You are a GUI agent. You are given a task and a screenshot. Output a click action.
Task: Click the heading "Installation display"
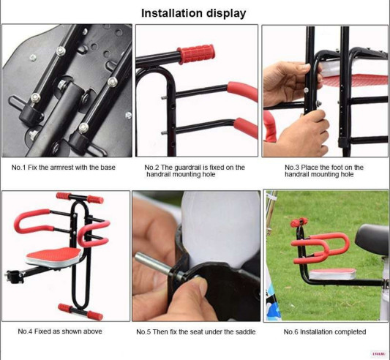pos(193,13)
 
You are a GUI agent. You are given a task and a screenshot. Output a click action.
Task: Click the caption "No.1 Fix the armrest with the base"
pos(64,167)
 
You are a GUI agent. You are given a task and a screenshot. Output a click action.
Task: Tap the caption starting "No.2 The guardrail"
pos(195,170)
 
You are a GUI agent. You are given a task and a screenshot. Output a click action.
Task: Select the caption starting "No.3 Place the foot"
pos(324,170)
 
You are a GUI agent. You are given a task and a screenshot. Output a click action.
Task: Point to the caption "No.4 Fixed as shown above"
pos(60,331)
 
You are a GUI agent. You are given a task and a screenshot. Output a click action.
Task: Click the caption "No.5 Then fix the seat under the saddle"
pos(196,332)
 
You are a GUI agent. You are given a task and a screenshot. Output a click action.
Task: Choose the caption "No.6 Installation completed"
pos(325,332)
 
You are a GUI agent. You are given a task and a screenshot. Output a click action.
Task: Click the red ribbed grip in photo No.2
pos(196,53)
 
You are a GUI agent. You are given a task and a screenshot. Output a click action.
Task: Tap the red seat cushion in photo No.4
pos(53,256)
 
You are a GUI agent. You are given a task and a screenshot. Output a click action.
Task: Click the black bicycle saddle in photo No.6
pos(372,239)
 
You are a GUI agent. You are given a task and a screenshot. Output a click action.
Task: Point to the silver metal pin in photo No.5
pos(155,265)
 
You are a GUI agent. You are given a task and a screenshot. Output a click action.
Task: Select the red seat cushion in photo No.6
pos(333,274)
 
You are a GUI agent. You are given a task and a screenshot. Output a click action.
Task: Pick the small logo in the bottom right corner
pos(378,353)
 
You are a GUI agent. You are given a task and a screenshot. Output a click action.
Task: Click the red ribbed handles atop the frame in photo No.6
pos(299,222)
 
